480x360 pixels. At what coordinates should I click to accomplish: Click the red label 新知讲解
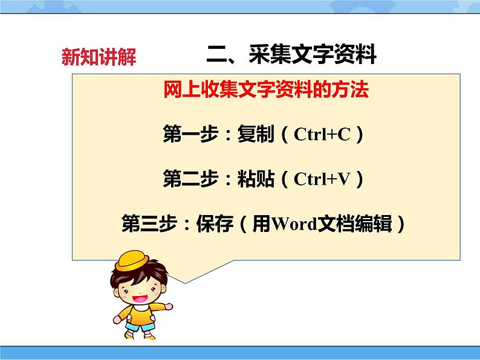coord(99,57)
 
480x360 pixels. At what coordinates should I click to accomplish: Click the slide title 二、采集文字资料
coord(291,55)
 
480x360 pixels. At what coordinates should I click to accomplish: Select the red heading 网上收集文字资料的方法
coord(266,91)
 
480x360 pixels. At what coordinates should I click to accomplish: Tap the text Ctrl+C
coord(322,135)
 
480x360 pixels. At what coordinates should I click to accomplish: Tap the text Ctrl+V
coord(322,179)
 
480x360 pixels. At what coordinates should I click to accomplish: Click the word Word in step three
coord(294,225)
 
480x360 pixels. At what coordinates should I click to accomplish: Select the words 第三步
coord(144,225)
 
